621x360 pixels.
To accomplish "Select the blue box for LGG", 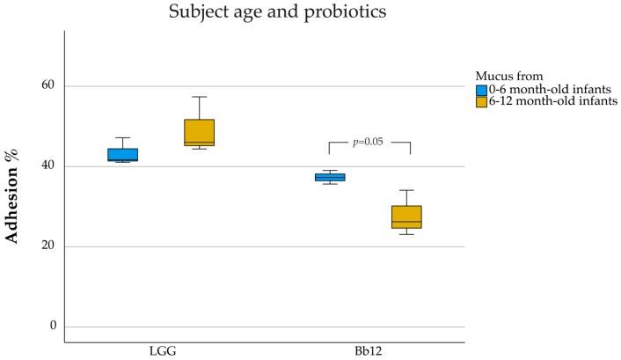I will tap(123, 155).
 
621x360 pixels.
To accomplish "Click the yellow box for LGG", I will tap(199, 132).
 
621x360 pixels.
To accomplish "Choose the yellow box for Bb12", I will tap(406, 217).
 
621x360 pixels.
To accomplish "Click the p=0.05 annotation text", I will tap(368, 142).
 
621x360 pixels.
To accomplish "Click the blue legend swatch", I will tap(481, 90).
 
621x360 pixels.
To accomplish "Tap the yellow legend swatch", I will tap(481, 102).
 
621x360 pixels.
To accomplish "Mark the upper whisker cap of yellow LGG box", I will tap(199, 97).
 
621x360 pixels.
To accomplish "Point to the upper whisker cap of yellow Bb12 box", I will tap(406, 190).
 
